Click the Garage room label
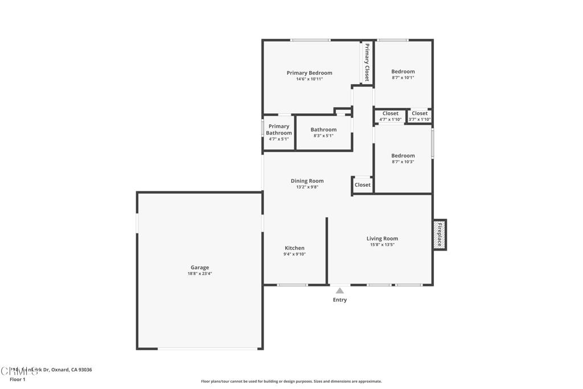click(199, 267)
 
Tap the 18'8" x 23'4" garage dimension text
click(199, 273)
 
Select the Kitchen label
click(294, 248)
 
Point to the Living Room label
click(382, 239)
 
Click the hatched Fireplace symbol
click(440, 234)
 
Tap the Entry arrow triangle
click(339, 290)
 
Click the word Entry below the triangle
click(339, 300)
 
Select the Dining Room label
click(307, 181)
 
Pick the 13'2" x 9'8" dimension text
click(307, 187)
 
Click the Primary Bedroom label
click(309, 73)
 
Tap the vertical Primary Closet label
click(367, 62)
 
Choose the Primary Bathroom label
click(279, 129)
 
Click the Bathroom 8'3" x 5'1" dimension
click(323, 136)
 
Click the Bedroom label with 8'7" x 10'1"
click(403, 72)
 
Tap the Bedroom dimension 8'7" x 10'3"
click(403, 162)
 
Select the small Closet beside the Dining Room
click(363, 185)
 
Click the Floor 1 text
click(18, 379)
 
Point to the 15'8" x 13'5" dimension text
click(382, 245)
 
